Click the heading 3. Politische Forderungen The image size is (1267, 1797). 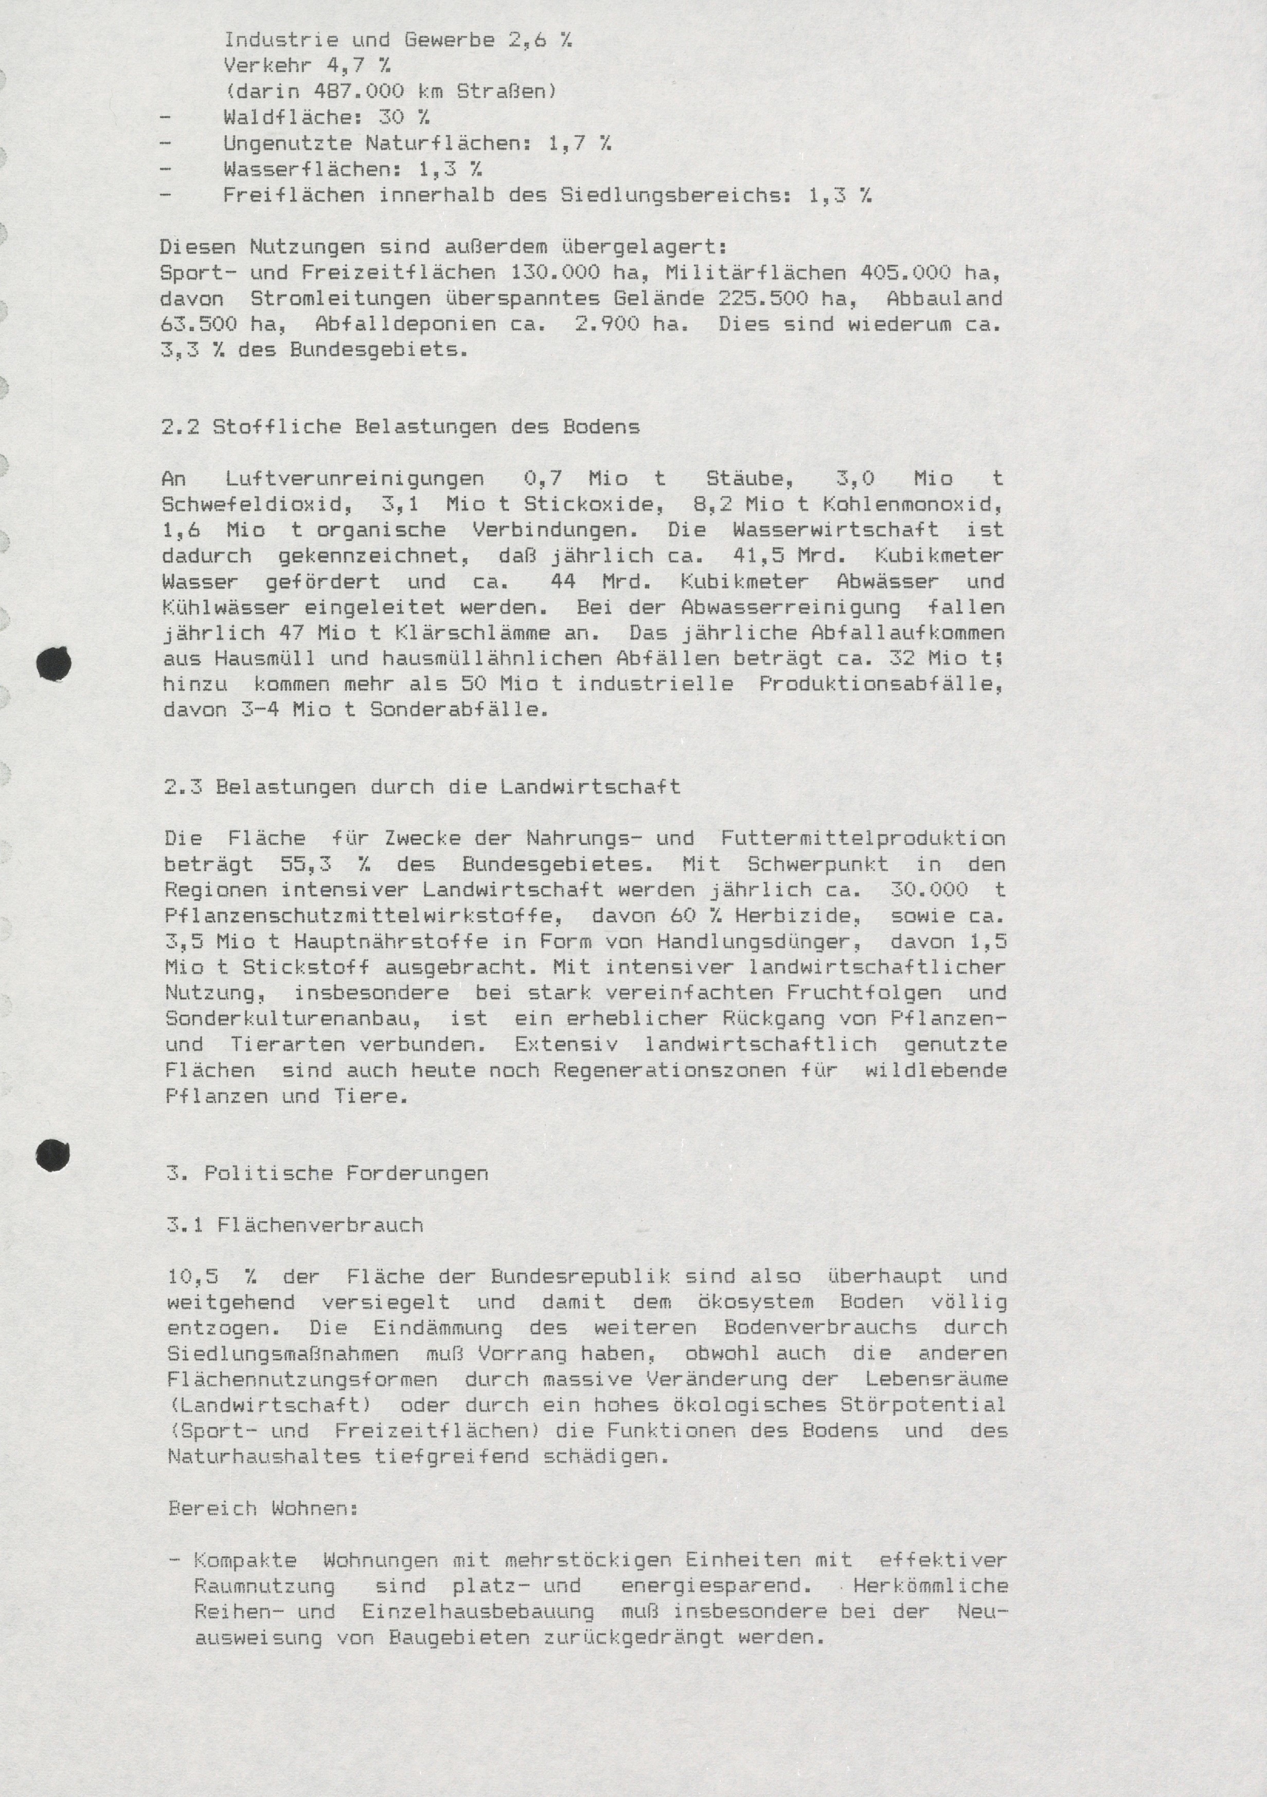pyautogui.click(x=328, y=1173)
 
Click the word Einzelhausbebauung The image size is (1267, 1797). pyautogui.click(x=477, y=1611)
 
